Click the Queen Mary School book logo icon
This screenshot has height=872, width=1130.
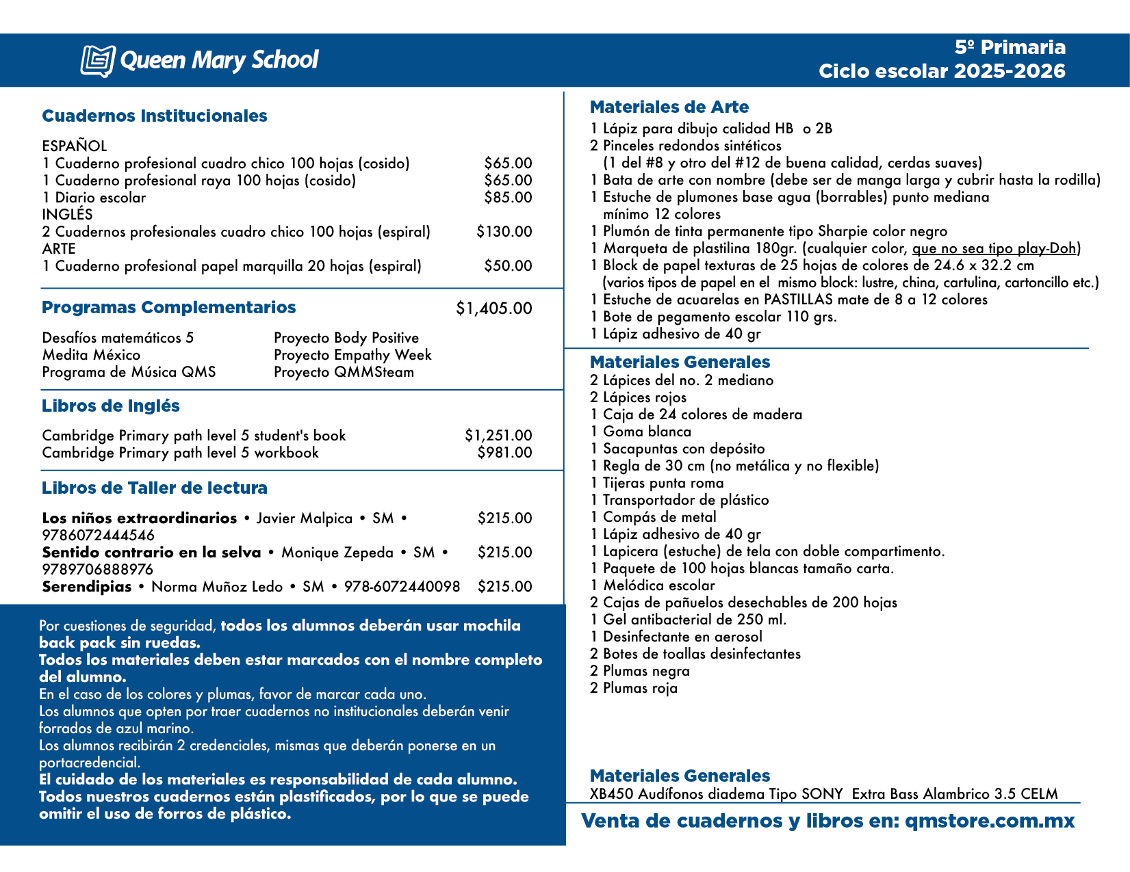[97, 60]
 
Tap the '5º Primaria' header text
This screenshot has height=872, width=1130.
[1010, 47]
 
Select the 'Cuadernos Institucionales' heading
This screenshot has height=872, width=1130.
[154, 116]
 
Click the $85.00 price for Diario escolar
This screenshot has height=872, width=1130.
[507, 198]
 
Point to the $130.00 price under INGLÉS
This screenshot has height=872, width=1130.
[504, 232]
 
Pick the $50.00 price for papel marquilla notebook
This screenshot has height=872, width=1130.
[507, 266]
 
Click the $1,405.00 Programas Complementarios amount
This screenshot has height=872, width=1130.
[493, 308]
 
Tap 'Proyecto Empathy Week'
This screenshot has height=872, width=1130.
[352, 355]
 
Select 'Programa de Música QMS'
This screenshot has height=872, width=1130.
[129, 372]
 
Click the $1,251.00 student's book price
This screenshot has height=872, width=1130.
[498, 436]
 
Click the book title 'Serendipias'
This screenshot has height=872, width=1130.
[87, 587]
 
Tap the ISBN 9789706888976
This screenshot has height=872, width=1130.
[98, 570]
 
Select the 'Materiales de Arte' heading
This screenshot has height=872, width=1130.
[669, 107]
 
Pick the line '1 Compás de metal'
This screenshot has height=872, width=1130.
[653, 517]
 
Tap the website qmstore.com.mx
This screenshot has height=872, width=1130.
[989, 821]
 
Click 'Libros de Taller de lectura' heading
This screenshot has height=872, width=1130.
[154, 488]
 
